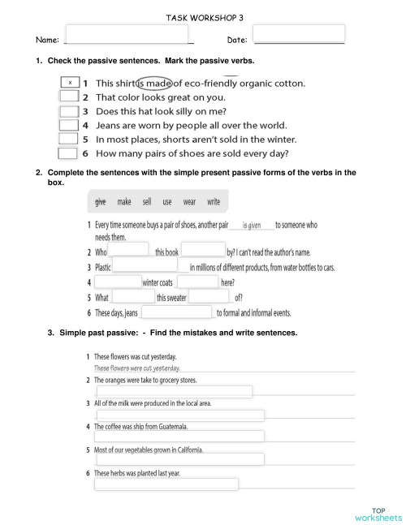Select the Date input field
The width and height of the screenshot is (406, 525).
tap(299, 34)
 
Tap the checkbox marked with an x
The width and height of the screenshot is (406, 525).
tap(71, 83)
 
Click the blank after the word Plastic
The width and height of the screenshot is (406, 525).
tap(145, 266)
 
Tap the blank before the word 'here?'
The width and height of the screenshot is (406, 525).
tap(197, 282)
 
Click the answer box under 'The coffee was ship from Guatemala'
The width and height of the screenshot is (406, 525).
tap(179, 437)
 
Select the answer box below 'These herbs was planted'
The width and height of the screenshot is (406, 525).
tap(166, 484)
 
